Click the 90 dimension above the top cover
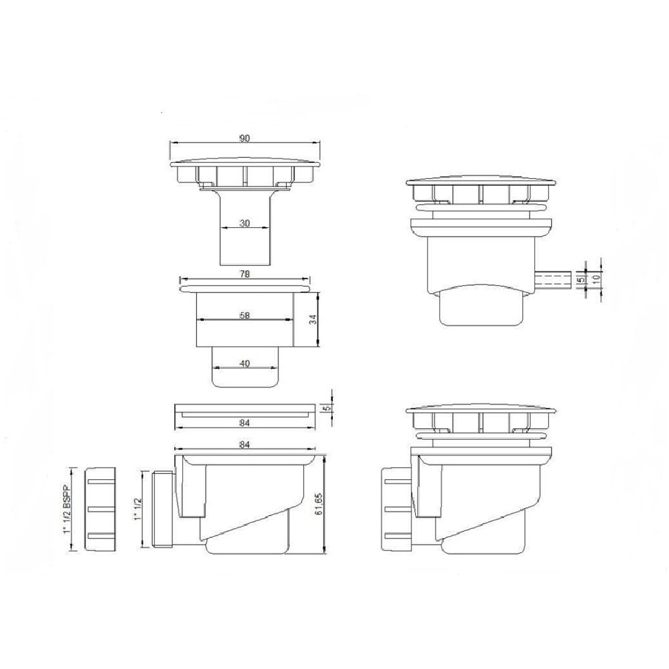point(244,138)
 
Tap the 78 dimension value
point(245,275)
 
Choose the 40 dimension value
point(245,364)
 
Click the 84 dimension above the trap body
point(245,444)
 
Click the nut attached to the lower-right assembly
point(395,509)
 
